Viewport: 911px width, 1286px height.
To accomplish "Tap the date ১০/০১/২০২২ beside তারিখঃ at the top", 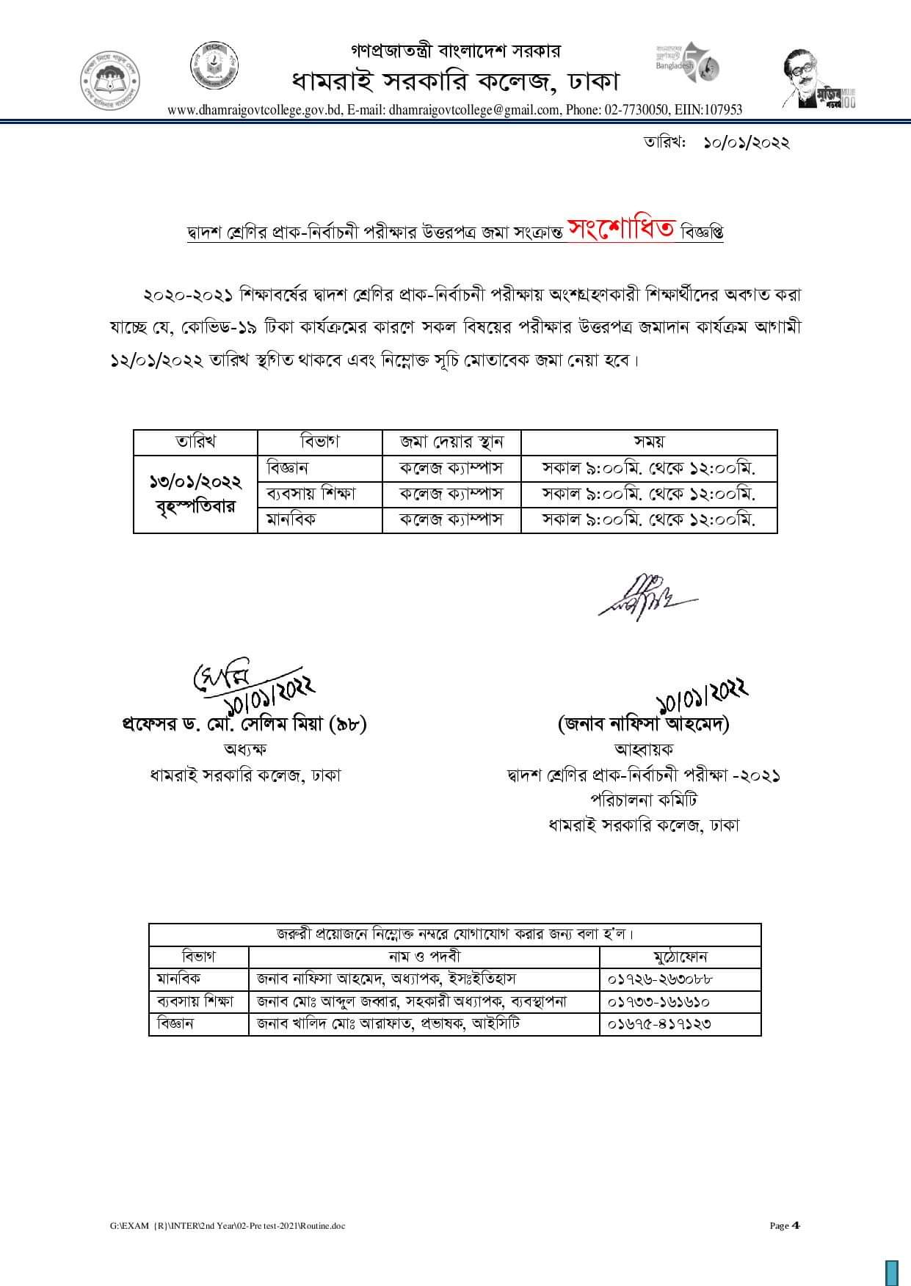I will pyautogui.click(x=746, y=142).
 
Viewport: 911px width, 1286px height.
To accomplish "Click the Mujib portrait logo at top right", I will pyautogui.click(x=817, y=81).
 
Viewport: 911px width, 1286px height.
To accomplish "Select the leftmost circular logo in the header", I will pyautogui.click(x=110, y=80).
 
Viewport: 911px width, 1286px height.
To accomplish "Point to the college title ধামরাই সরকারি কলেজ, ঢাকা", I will pyautogui.click(x=456, y=80).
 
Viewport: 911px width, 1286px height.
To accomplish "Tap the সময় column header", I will pyautogui.click(x=648, y=442).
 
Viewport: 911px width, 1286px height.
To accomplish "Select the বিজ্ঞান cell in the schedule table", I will pyautogui.click(x=288, y=467).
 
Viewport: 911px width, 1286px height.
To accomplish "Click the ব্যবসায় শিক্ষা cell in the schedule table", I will pyautogui.click(x=311, y=493).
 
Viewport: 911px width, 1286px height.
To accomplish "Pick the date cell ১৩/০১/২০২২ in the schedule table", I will pyautogui.click(x=195, y=482).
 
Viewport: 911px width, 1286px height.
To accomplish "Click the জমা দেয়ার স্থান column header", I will pyautogui.click(x=451, y=442).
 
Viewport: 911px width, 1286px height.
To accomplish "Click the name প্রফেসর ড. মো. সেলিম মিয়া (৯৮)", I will pyautogui.click(x=244, y=724).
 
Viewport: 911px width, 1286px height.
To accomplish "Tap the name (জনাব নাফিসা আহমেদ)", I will pyautogui.click(x=644, y=724).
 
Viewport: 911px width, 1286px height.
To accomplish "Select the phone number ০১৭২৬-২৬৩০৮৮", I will pyautogui.click(x=660, y=979).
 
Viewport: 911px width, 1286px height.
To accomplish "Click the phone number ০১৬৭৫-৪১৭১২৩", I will pyautogui.click(x=660, y=1023).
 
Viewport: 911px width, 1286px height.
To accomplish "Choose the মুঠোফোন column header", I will pyautogui.click(x=680, y=957).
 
